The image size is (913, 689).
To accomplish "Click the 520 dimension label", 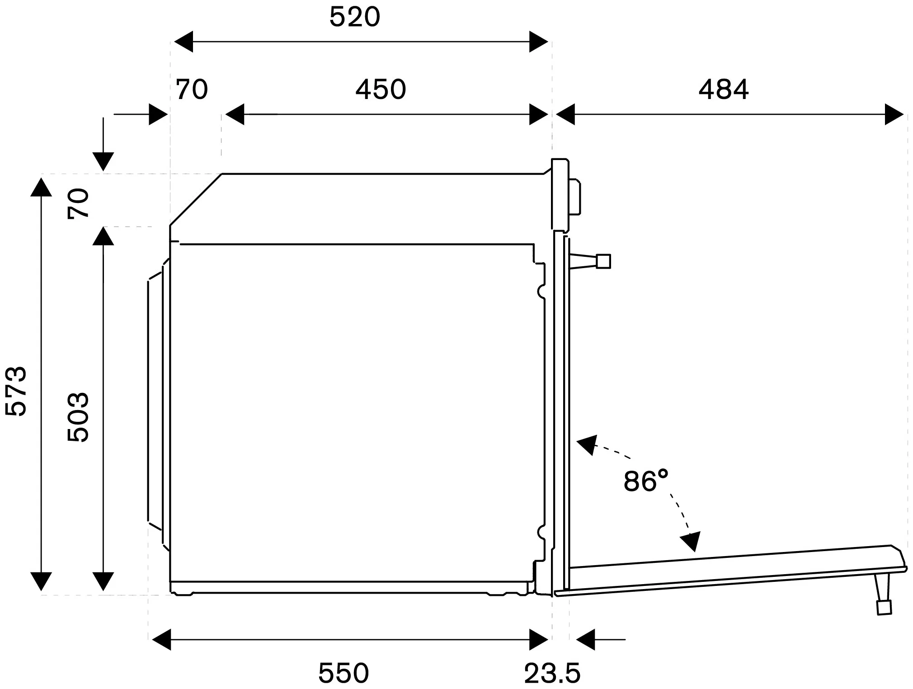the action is pos(355,17).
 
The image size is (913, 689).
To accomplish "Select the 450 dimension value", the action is pos(381,90).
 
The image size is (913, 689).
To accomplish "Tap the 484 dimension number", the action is pos(724,90).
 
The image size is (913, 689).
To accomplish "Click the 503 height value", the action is pos(78,417).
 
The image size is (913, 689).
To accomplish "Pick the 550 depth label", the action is pos(344,673).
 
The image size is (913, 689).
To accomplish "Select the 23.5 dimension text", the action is pos(552,673).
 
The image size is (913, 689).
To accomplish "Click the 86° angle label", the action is pos(646,481).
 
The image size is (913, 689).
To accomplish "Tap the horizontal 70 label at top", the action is pos(192,90).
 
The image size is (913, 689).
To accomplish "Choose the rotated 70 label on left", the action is pos(78,204).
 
